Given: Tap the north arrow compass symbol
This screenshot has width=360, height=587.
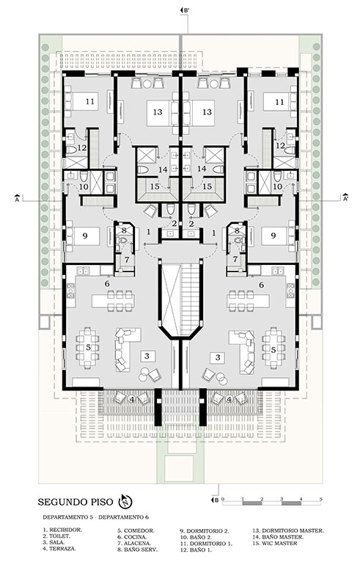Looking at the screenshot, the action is pos(125,500).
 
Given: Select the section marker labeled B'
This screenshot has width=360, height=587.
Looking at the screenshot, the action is pos(185,10).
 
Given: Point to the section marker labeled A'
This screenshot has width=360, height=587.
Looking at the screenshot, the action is pos(345,197).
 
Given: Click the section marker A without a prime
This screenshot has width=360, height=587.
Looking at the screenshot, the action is pos(17,198).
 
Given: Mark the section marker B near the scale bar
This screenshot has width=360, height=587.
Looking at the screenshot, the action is pos(215,500).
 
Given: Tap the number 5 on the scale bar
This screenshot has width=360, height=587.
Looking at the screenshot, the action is pos(320,499).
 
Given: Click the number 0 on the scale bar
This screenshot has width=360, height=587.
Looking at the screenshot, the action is pos(223,499).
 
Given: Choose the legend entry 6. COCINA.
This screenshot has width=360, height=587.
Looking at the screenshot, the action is pos(131,537).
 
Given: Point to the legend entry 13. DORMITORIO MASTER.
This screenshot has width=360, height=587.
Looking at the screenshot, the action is pos(287,531).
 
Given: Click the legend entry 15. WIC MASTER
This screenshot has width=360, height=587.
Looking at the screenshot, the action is pos(275,543).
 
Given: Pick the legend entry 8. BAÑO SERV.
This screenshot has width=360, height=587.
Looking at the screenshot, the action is pos(137,550).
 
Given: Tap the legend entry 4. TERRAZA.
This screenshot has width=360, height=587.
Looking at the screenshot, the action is pos(59,548).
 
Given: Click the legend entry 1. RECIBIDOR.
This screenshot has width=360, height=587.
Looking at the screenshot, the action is pos(62,530).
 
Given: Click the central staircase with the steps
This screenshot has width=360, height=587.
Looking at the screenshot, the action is pos(191,299).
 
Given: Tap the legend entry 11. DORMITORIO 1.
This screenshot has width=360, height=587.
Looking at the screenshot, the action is pos(206,544).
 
